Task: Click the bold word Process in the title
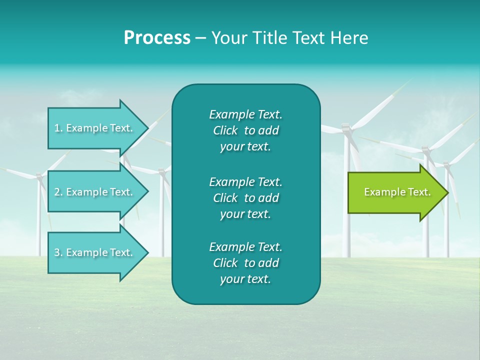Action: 157,38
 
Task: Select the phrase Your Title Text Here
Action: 289,38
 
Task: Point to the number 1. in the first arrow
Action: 58,128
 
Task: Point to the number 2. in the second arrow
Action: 58,192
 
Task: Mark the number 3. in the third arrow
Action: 58,252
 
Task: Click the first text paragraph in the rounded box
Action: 245,130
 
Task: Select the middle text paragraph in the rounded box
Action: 245,198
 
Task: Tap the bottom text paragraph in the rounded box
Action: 245,263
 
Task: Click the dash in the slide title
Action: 200,38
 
